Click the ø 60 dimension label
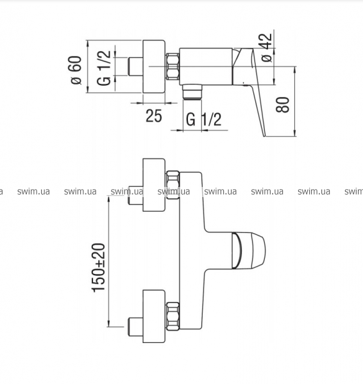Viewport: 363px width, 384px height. [76, 70]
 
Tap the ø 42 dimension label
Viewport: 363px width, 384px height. [267, 47]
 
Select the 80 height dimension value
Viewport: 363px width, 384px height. [283, 105]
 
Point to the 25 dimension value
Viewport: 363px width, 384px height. [154, 116]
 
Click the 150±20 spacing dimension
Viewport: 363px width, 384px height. [98, 268]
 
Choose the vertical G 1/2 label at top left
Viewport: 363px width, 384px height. [103, 68]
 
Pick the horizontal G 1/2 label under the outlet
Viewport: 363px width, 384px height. [204, 119]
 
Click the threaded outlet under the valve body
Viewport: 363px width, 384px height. [192, 92]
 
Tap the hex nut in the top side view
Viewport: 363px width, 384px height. [173, 67]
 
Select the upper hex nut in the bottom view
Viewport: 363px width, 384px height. [173, 185]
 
